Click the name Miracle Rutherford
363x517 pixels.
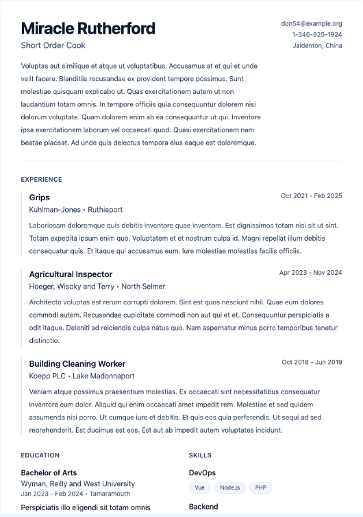pyautogui.click(x=88, y=29)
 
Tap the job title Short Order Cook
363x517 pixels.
pyautogui.click(x=53, y=45)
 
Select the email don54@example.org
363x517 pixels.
pyautogui.click(x=311, y=23)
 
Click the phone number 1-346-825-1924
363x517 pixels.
pyautogui.click(x=316, y=34)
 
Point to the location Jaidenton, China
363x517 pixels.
pyautogui.click(x=317, y=45)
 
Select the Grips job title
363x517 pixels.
pyautogui.click(x=39, y=197)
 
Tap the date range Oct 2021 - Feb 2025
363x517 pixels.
pyautogui.click(x=311, y=196)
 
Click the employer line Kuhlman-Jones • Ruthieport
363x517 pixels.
pyautogui.click(x=75, y=209)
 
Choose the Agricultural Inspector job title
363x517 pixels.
pyautogui.click(x=71, y=274)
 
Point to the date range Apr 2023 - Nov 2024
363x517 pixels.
pyautogui.click(x=310, y=273)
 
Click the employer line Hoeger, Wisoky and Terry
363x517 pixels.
pyautogui.click(x=97, y=287)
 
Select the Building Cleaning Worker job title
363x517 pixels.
pyautogui.click(x=77, y=363)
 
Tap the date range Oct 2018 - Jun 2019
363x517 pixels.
pyautogui.click(x=312, y=362)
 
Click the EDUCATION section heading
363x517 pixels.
pyautogui.click(x=40, y=455)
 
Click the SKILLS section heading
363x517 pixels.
pyautogui.click(x=200, y=455)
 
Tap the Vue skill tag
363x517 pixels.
pyautogui.click(x=199, y=488)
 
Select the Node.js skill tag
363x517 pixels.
pyautogui.click(x=229, y=488)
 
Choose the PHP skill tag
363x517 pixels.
pyautogui.click(x=260, y=488)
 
